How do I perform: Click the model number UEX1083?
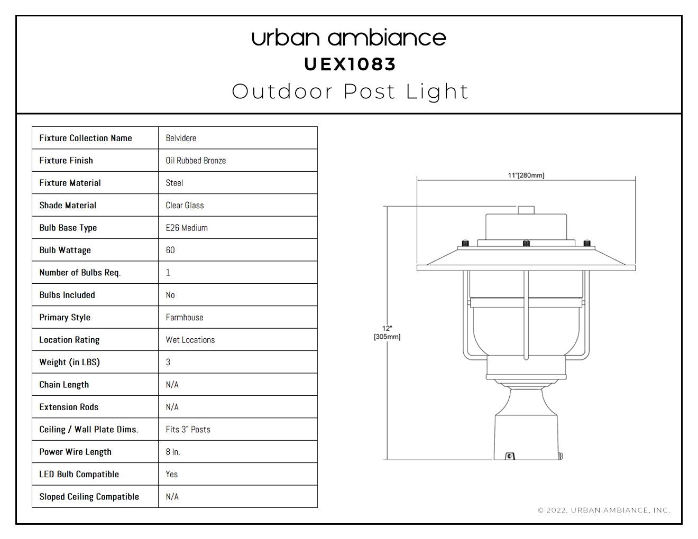(350, 64)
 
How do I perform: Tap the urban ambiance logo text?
(349, 38)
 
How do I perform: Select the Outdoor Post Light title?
(350, 92)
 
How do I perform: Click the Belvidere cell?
(181, 138)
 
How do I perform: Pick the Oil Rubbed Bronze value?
(196, 161)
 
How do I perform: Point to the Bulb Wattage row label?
(65, 250)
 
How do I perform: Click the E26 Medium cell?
(187, 228)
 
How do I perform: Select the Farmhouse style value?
(185, 318)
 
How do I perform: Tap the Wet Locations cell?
(190, 340)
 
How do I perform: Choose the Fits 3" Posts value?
(188, 430)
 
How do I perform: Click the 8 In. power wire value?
(173, 452)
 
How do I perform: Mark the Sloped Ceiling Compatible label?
(89, 497)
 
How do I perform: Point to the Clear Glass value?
(185, 206)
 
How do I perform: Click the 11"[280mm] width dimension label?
(526, 175)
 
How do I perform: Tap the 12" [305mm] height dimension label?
(387, 332)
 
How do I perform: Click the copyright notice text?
(604, 510)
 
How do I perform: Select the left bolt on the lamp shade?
(465, 243)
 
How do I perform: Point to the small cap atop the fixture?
(526, 210)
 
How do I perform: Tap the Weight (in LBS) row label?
(70, 363)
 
